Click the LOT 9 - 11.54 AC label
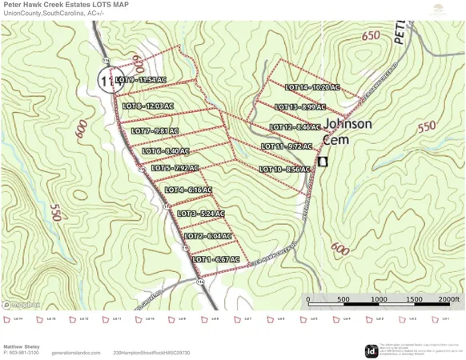pos(140,80)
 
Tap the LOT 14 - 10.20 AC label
pos(312,87)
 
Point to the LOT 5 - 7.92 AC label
pos(175,168)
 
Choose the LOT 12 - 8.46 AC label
pos(295,127)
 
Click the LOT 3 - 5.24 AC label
pos(201,214)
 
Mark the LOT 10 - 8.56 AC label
pos(284,170)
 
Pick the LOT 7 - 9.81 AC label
pos(155,131)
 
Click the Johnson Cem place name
pos(347,131)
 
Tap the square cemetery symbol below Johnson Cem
pos(323,162)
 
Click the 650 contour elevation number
pos(371,36)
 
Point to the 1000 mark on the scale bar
pos(379,300)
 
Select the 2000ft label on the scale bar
pos(449,300)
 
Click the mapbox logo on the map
pos(22,305)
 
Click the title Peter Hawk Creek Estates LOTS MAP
pos(66,5)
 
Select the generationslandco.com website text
pos(76,353)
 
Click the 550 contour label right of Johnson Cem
pos(427,126)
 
